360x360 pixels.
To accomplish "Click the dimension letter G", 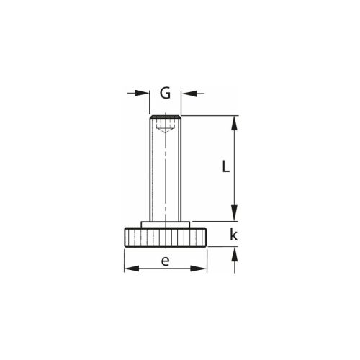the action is [x=166, y=93].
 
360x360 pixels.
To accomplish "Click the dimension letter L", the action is [x=225, y=166].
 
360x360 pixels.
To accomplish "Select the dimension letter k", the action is [x=233, y=235].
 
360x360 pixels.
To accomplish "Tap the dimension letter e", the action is [x=165, y=261].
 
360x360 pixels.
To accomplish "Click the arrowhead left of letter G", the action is [x=142, y=93].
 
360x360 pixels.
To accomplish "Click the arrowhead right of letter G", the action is [x=189, y=94].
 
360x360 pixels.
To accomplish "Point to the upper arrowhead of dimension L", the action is [x=234, y=123].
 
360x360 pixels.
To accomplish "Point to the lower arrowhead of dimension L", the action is [x=234, y=213].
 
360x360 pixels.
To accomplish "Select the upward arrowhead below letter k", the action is [x=235, y=254].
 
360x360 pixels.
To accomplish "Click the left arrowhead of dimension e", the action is [x=132, y=269].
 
